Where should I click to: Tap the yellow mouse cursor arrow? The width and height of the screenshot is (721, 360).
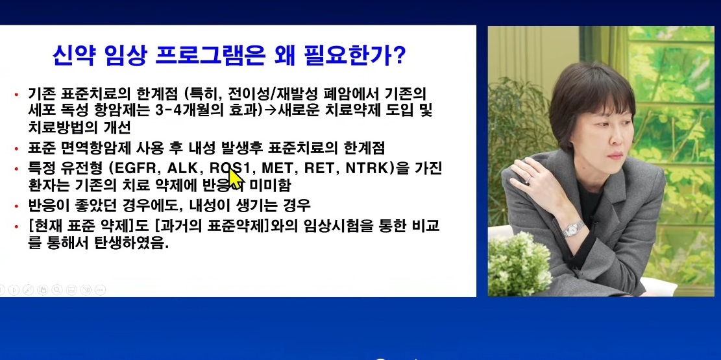(x=234, y=174)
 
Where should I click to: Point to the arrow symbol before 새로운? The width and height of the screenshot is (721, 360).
(x=271, y=110)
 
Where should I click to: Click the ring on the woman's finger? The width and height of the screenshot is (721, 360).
(x=530, y=175)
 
